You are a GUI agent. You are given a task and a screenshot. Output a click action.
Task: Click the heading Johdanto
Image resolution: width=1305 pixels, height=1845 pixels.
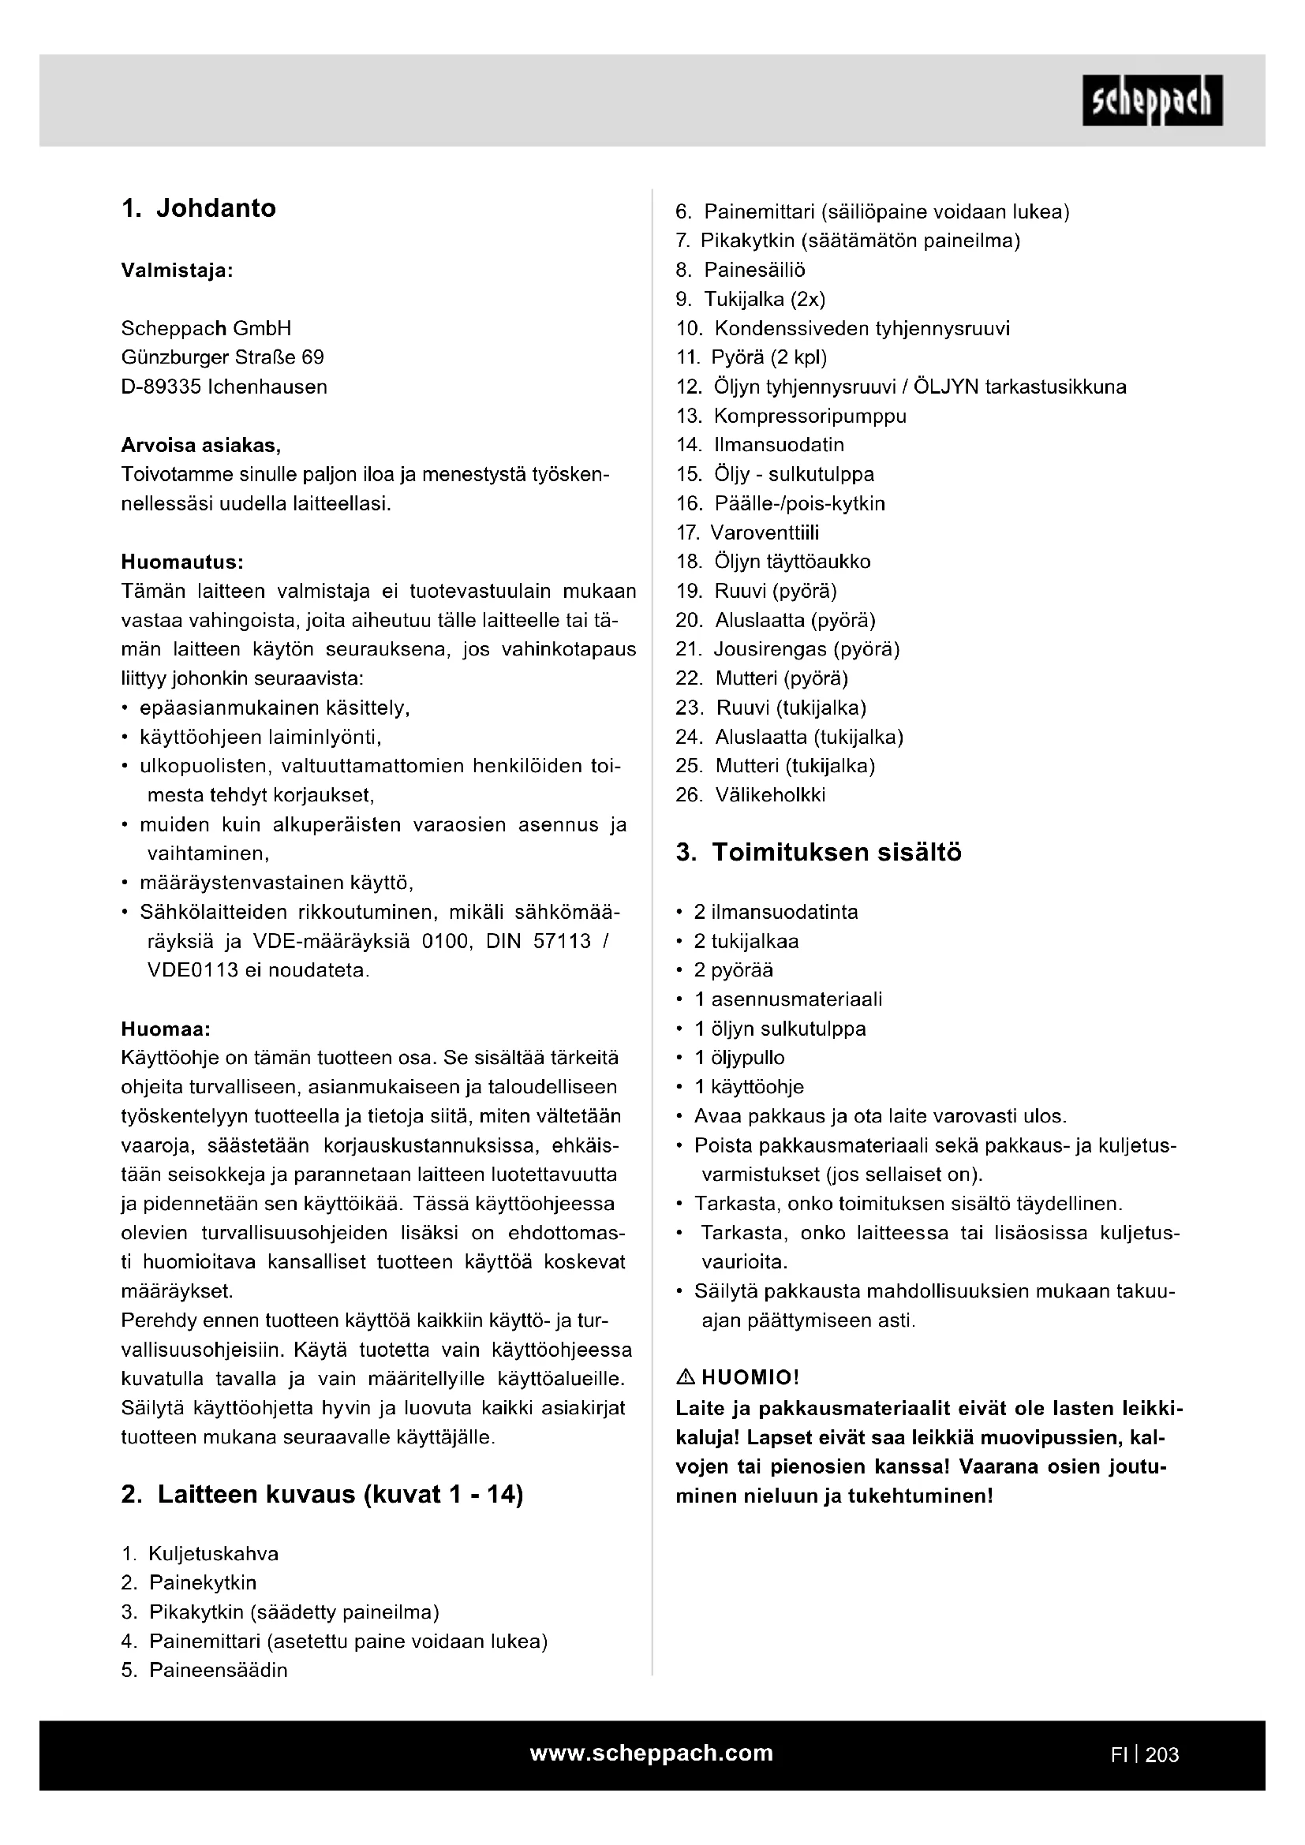tap(215, 208)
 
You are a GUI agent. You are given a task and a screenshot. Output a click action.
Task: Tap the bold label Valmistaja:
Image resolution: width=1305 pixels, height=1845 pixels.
tap(177, 270)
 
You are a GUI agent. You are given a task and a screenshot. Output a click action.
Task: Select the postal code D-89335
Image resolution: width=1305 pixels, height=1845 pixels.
tap(161, 387)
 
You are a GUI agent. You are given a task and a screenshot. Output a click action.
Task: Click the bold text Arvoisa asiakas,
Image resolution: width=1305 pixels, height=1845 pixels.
tap(201, 445)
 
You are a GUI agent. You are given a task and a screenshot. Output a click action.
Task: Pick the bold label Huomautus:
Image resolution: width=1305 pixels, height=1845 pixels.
tap(181, 561)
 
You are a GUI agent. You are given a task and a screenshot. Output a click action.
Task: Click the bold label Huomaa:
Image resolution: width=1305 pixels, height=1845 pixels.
tap(166, 1029)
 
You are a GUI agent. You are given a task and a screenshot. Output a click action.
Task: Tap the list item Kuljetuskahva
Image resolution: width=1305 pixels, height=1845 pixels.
tap(213, 1553)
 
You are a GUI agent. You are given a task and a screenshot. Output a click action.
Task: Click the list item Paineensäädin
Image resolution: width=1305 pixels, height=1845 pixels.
tap(218, 1670)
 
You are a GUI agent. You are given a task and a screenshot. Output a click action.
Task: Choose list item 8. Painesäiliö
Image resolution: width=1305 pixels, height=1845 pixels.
tap(753, 270)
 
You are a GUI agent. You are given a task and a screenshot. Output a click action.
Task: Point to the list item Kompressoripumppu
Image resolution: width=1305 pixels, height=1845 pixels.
tap(810, 416)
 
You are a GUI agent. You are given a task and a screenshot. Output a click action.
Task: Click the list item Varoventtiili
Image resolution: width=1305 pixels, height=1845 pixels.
tap(765, 532)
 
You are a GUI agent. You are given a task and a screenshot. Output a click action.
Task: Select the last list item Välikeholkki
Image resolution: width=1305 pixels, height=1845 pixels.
tap(770, 795)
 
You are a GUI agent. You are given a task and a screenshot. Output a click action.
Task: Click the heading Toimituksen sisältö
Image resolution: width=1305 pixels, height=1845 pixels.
tap(836, 852)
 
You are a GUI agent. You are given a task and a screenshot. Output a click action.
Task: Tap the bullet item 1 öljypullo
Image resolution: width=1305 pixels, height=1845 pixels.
tap(739, 1058)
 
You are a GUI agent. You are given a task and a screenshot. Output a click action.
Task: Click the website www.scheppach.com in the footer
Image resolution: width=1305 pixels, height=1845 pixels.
tap(651, 1753)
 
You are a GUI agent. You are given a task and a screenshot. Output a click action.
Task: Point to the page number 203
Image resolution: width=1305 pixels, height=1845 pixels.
tap(1162, 1755)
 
